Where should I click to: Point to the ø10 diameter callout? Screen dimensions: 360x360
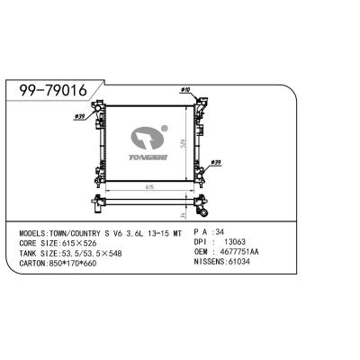(185, 91)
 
